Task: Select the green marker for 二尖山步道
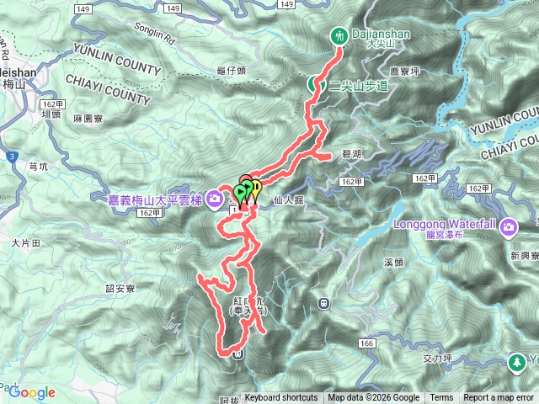(x=313, y=84)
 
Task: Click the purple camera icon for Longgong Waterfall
(x=509, y=226)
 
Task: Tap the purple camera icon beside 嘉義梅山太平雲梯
(x=215, y=199)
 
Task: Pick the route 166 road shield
(x=366, y=343)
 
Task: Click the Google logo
(x=32, y=392)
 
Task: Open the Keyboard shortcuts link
(x=281, y=398)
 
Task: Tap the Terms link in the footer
(x=441, y=398)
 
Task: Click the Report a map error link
(x=500, y=398)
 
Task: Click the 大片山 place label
(x=25, y=242)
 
